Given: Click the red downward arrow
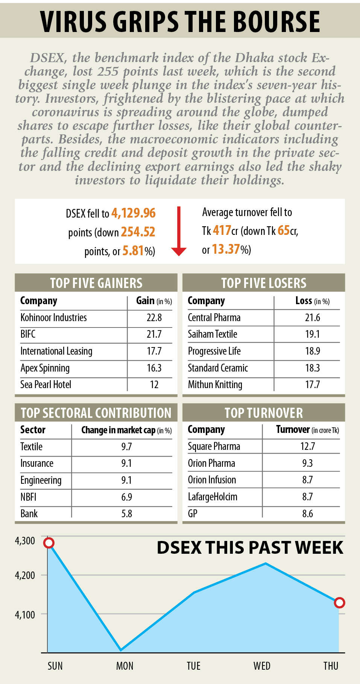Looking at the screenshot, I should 179,231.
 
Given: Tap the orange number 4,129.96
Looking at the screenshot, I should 133,213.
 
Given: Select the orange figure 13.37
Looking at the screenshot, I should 226,249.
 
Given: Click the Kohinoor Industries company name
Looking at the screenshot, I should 53,317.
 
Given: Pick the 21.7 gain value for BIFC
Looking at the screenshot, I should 154,334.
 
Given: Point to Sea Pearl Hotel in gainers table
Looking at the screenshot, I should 46,384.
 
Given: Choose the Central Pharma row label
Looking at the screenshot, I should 214,317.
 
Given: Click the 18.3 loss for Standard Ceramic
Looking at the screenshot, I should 312,368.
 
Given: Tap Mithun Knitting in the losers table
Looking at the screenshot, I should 215,384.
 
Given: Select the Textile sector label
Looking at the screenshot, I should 31,446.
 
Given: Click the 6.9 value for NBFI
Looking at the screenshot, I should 126,497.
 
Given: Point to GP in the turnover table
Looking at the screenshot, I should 193,513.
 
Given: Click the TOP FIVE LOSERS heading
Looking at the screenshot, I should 264,283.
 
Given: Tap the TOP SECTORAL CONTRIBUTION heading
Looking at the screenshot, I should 96,413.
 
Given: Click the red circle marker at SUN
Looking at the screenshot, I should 49,543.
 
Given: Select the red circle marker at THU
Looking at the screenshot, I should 339,603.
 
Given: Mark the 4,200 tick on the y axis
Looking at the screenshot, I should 25,575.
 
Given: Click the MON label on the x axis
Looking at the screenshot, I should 125,666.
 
